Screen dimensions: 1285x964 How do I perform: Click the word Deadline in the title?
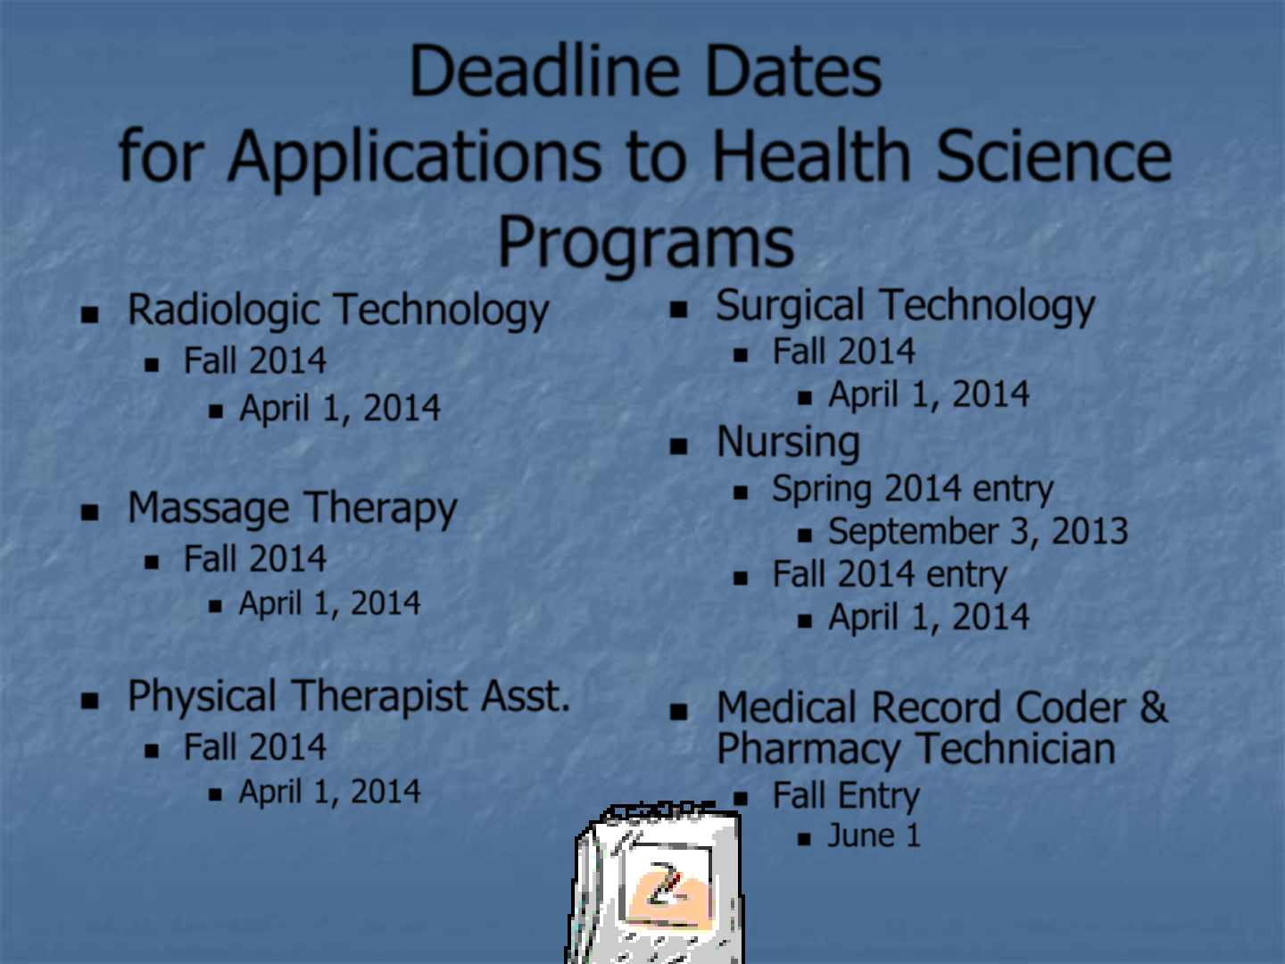[544, 71]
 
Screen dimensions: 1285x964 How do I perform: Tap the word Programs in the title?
[646, 242]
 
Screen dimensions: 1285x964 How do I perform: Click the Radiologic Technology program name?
[338, 311]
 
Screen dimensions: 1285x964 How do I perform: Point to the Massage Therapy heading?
[292, 509]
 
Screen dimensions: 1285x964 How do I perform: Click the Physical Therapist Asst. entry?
[349, 696]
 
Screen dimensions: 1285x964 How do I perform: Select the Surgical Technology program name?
[905, 306]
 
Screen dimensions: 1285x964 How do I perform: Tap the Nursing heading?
[788, 443]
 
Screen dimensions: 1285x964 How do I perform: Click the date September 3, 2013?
[978, 531]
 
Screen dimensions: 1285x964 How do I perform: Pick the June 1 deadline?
[874, 835]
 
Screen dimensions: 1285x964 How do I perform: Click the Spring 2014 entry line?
[913, 488]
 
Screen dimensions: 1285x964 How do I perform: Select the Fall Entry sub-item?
[846, 795]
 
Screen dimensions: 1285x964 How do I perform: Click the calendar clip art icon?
[654, 884]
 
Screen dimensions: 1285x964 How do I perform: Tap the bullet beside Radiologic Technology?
[89, 314]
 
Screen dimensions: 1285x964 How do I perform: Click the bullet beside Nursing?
[678, 446]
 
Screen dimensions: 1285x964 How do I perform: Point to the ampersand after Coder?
[1153, 707]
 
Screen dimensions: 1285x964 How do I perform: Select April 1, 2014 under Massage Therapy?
[329, 603]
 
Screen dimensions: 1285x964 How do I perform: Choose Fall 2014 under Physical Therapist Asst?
[254, 747]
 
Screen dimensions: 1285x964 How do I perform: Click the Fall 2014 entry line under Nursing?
[890, 574]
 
